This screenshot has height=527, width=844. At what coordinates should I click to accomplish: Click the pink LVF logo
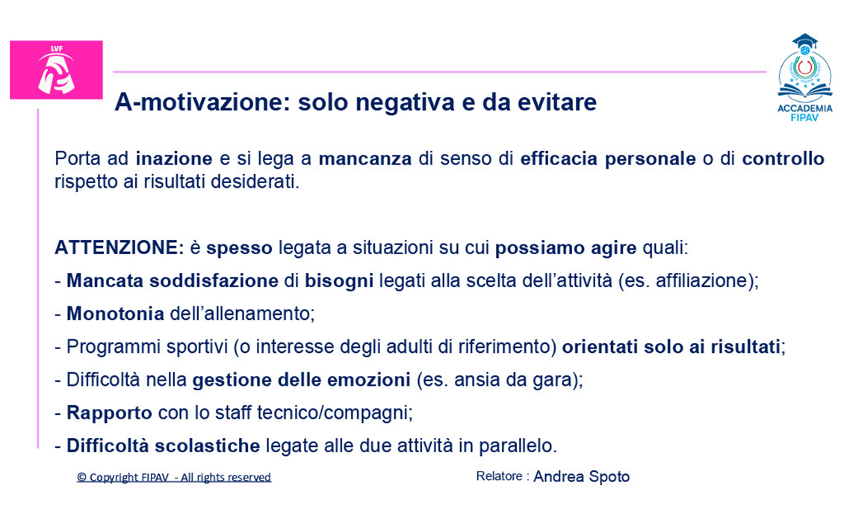point(57,70)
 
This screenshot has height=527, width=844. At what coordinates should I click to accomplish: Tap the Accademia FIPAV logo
point(804,78)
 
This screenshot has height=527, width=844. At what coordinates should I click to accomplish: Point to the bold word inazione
point(174,159)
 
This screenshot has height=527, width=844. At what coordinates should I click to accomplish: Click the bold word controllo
point(784,159)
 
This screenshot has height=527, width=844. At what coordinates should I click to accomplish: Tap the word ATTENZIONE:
point(120,248)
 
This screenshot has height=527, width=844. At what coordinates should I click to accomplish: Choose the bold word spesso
point(240,249)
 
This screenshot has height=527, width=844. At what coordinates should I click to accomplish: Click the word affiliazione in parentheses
point(698,281)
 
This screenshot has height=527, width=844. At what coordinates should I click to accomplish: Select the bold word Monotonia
point(115,314)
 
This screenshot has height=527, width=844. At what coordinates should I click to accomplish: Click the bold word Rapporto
point(109,413)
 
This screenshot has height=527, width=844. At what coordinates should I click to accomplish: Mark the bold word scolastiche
point(207,446)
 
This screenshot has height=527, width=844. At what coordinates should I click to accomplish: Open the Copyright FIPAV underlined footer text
point(174,478)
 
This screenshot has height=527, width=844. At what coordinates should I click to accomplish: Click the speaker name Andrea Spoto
point(581,477)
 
